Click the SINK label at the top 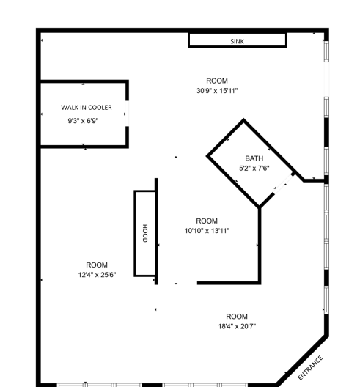pyautogui.click(x=237, y=41)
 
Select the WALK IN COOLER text pyautogui.click(x=87, y=108)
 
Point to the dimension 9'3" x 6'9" pyautogui.click(x=83, y=120)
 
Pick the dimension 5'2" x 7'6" pyautogui.click(x=254, y=169)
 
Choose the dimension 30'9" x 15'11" pyautogui.click(x=217, y=91)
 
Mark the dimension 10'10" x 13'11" pyautogui.click(x=207, y=231)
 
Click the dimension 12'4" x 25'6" pyautogui.click(x=97, y=274)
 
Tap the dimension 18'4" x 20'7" pyautogui.click(x=237, y=326)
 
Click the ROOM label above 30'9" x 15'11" pyautogui.click(x=217, y=81)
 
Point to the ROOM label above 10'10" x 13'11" pyautogui.click(x=207, y=221)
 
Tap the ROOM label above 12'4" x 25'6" pyautogui.click(x=97, y=265)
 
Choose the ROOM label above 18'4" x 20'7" pyautogui.click(x=237, y=316)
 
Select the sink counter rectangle pyautogui.click(x=237, y=41)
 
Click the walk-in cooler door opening pyautogui.click(x=128, y=114)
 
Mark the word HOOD pyautogui.click(x=145, y=233)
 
